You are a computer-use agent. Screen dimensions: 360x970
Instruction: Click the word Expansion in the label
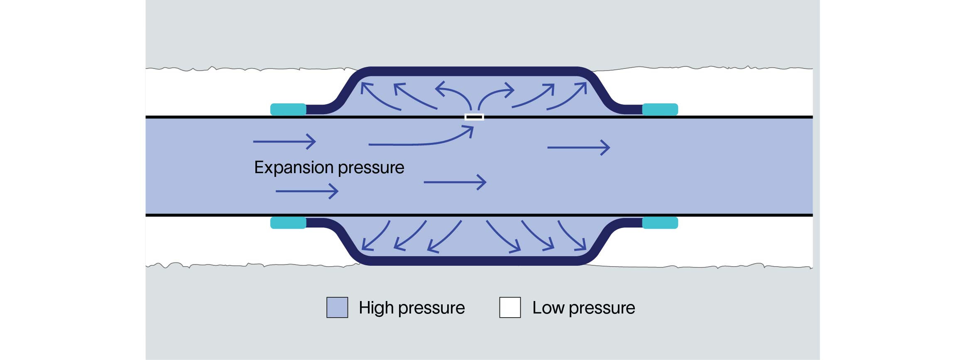(x=293, y=168)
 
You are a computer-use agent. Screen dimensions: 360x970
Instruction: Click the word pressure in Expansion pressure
(x=371, y=168)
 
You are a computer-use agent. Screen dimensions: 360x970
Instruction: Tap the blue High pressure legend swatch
(x=337, y=308)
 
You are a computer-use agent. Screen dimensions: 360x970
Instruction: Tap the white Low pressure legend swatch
(x=510, y=308)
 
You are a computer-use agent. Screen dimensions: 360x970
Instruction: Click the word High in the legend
(x=376, y=308)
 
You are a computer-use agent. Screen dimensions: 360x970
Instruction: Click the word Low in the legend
(x=548, y=308)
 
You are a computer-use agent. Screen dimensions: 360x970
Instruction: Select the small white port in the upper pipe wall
(x=474, y=117)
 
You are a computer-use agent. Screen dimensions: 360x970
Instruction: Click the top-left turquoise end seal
(x=288, y=110)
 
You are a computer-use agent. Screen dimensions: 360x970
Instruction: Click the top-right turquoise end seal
(x=660, y=110)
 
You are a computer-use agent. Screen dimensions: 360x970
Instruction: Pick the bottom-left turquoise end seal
(x=288, y=223)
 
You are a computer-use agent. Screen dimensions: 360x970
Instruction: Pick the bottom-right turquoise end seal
(x=660, y=223)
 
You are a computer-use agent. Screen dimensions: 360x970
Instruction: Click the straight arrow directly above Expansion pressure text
(x=284, y=142)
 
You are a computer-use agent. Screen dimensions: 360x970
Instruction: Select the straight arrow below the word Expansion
(x=307, y=191)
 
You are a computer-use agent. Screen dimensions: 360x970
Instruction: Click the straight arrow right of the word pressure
(x=455, y=182)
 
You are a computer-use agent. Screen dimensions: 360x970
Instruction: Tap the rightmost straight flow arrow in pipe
(x=578, y=147)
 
